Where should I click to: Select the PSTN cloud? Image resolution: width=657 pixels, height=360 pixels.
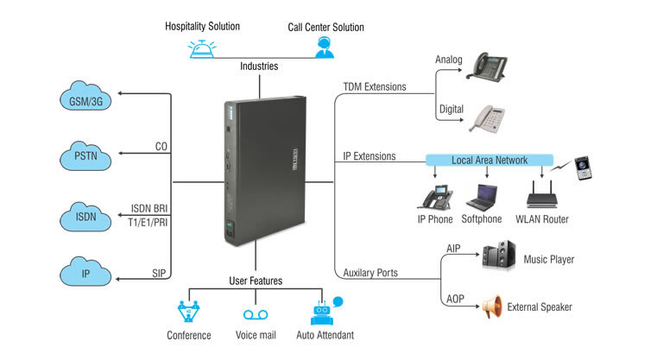click(x=87, y=155)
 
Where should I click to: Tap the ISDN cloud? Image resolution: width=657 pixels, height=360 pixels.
click(x=87, y=216)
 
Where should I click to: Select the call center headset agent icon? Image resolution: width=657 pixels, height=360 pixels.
click(x=325, y=47)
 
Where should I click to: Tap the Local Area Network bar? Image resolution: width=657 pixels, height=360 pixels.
click(x=489, y=160)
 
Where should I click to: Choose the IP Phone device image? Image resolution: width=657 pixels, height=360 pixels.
click(x=436, y=196)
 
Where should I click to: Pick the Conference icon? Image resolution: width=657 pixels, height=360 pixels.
click(x=189, y=312)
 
